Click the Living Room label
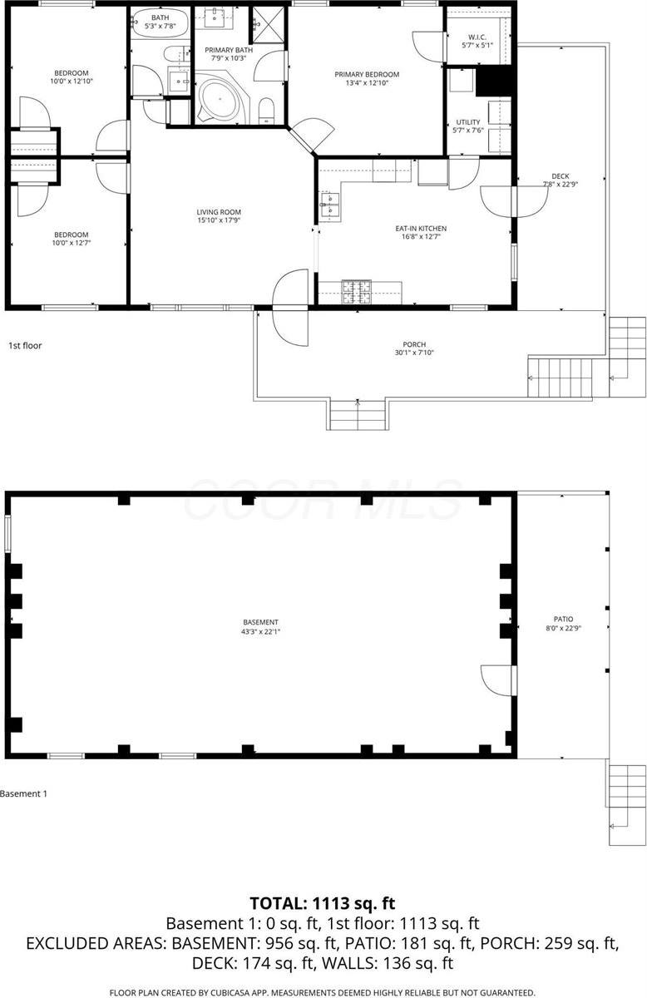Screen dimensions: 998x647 coord(219,212)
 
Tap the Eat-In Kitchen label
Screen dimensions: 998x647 coord(420,228)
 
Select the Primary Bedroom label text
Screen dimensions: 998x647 coord(367,75)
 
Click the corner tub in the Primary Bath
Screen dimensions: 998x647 coord(219,99)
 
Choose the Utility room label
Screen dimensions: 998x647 coord(467,122)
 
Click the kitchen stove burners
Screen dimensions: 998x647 coord(358,290)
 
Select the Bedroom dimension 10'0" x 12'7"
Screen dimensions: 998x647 coord(71,243)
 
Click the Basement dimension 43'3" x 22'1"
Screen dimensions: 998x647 coord(260,630)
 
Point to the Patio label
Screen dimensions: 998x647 coord(564,619)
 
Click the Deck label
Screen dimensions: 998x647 coord(560,176)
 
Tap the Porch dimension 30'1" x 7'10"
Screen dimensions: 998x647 coord(414,353)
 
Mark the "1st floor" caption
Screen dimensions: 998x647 coord(25,344)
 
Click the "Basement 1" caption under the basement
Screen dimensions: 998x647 coord(24,793)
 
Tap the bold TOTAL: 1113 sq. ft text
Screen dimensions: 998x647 coord(323,902)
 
